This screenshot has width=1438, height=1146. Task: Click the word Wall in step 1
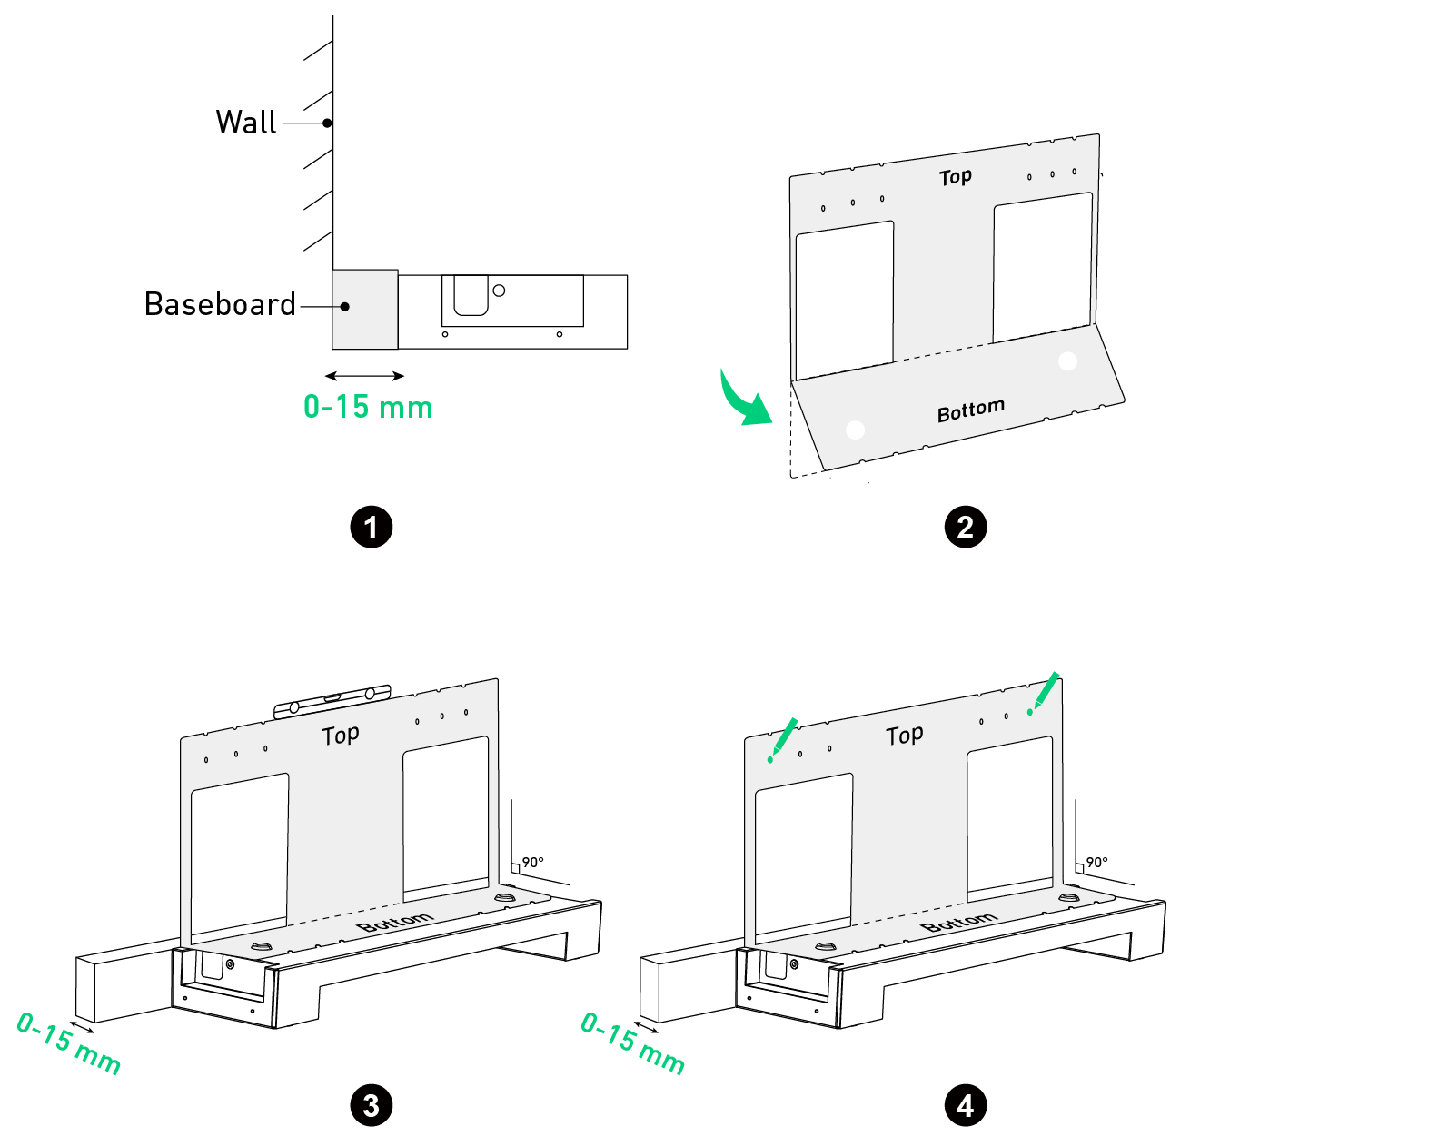tap(246, 123)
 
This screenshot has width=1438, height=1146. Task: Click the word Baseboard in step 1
tap(220, 305)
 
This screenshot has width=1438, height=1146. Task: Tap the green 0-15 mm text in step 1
tap(368, 407)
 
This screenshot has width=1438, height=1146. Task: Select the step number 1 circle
tap(371, 528)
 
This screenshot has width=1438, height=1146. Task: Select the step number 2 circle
tap(965, 528)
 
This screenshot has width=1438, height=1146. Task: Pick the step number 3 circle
tap(371, 1106)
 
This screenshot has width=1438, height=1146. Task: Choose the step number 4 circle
tap(965, 1106)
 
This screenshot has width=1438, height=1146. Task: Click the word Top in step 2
tap(955, 177)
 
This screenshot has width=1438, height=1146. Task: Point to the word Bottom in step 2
tap(971, 410)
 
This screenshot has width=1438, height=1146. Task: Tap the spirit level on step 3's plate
tap(332, 701)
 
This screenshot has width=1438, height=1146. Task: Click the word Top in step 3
tap(340, 736)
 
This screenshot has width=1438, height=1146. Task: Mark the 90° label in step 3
tap(532, 862)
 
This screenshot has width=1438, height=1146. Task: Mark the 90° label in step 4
tap(1096, 862)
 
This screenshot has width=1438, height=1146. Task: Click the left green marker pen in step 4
tap(782, 740)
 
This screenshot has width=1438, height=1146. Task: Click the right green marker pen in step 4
tap(1043, 694)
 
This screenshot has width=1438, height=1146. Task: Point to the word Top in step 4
tap(904, 736)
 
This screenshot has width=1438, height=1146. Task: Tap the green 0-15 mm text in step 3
tap(69, 1043)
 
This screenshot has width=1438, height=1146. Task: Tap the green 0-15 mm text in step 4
tap(633, 1043)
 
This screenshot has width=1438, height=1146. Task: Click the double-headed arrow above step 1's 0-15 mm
tap(365, 376)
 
